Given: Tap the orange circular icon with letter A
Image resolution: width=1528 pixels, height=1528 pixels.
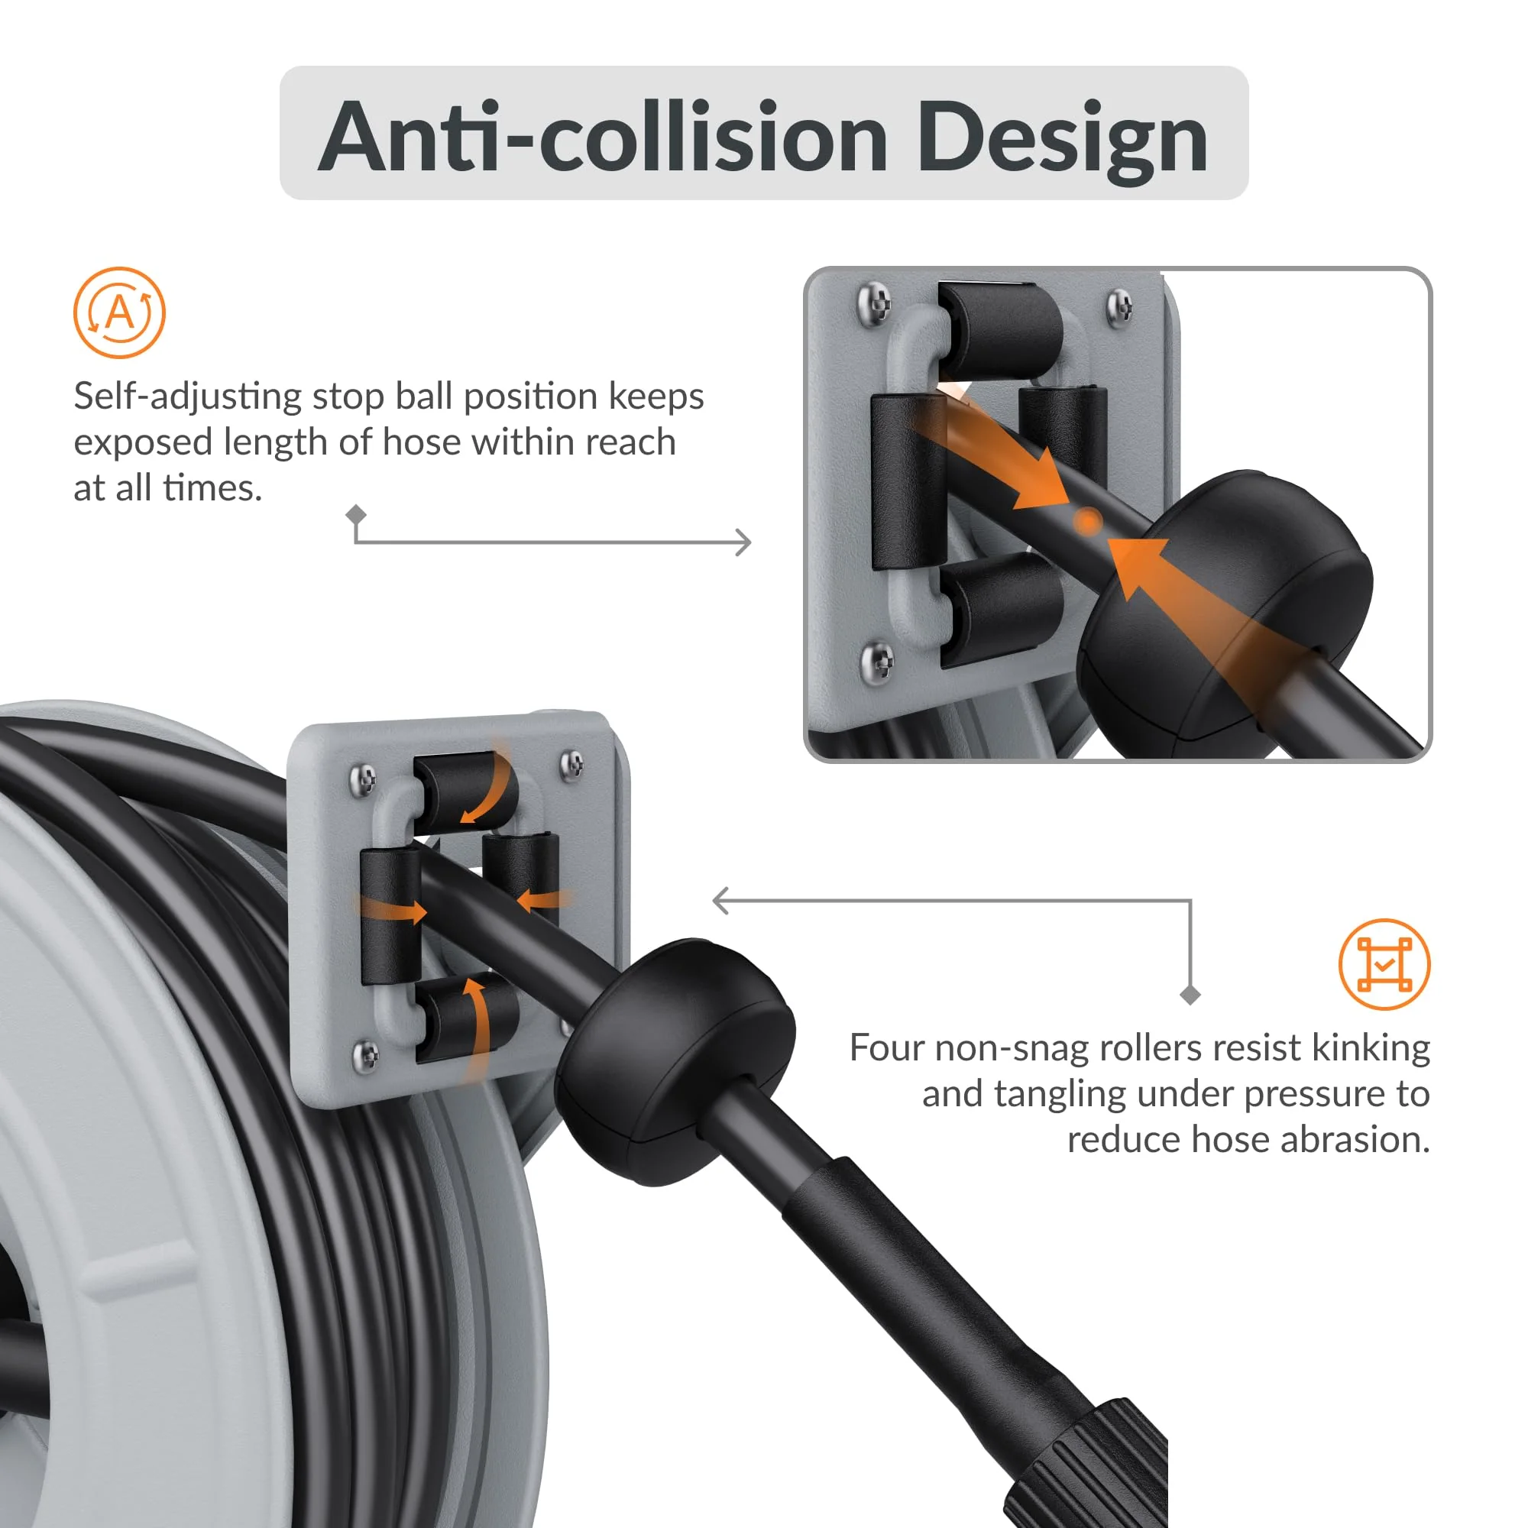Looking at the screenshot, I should click(119, 313).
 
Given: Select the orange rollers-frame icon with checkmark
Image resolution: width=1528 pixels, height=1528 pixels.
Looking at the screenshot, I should click(1384, 964).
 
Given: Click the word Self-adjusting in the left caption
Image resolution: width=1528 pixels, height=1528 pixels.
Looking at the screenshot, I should click(187, 397).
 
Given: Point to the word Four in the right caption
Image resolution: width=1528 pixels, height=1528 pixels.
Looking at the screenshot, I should click(885, 1049).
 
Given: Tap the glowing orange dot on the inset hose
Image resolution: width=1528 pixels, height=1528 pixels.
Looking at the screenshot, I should click(1088, 521).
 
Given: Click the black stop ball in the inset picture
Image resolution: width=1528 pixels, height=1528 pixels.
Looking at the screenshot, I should click(1234, 601).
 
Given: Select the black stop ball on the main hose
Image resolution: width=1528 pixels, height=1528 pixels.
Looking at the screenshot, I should click(676, 1060).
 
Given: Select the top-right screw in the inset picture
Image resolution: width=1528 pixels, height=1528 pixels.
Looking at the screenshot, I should click(1119, 305).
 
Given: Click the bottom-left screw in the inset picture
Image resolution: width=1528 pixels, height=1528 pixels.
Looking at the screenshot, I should click(876, 658).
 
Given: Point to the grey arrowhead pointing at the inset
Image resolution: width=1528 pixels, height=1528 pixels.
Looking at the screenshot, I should click(743, 542).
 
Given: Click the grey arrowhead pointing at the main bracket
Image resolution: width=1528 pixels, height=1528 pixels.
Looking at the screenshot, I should click(720, 900).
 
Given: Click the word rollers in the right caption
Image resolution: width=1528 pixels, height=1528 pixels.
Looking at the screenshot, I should click(1151, 1049).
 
